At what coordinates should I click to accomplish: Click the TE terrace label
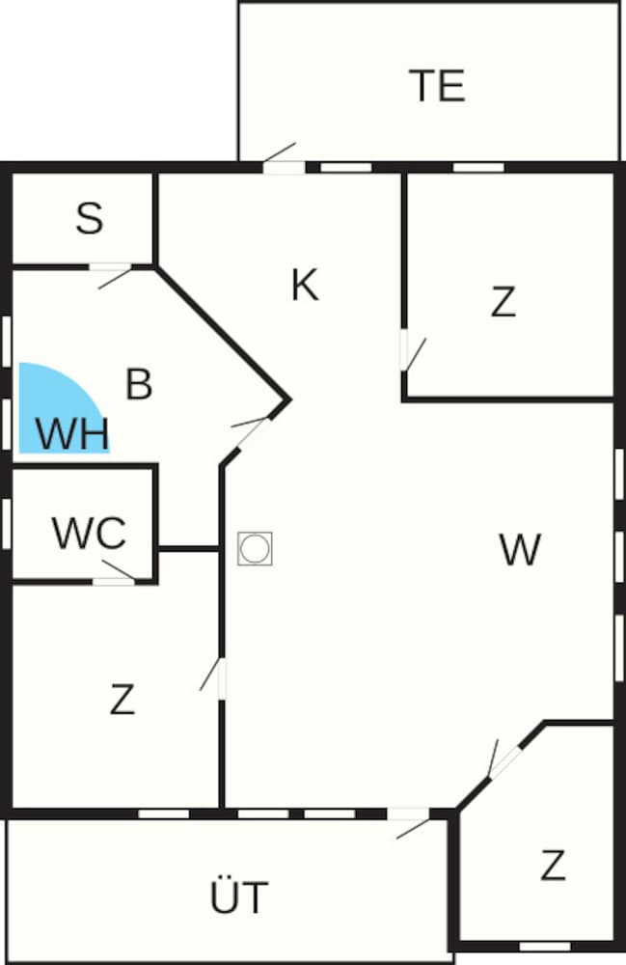pos(437,86)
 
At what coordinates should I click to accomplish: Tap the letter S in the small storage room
pos(90,218)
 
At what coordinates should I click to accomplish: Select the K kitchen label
pos(305,285)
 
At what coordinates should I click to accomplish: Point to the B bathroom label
pos(139,383)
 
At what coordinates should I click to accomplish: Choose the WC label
pos(89,533)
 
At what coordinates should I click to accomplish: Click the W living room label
pos(520,549)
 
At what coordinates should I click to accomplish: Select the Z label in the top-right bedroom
pos(503,301)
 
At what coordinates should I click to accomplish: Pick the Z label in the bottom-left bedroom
pos(122,699)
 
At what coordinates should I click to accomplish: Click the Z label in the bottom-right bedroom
pos(553,865)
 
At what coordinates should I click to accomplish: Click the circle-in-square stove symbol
pos(256,548)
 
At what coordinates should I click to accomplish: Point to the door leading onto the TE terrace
pos(283,159)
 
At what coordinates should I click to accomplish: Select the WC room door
pos(115,572)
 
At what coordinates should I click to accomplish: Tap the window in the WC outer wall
pos(7,523)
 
